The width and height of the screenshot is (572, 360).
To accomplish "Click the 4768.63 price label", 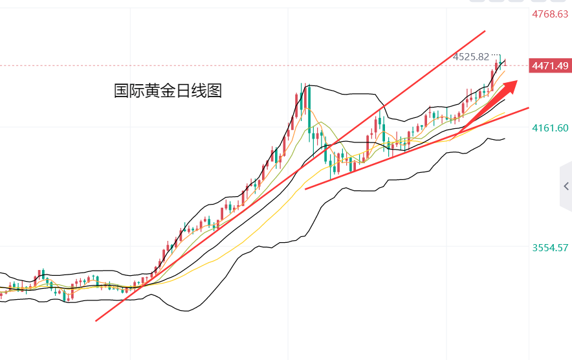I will pos(549,14).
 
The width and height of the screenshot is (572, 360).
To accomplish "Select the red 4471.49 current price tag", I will pos(549,65).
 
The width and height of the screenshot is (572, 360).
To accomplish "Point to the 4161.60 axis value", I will pos(550,128).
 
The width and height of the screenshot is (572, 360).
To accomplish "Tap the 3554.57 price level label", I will pos(550,247).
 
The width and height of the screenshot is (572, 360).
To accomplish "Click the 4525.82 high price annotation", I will pos(471,56).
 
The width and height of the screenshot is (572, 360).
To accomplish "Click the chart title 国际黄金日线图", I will pos(168,91).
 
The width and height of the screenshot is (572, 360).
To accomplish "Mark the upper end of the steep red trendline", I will pos(485,31).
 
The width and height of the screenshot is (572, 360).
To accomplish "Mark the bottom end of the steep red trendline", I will pos(96,321).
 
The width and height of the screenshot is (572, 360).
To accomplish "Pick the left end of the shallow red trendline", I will pos(305,188).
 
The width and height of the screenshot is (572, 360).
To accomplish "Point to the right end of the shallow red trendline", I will pos(529,108).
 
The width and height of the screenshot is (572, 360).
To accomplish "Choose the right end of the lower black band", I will pos(504,138).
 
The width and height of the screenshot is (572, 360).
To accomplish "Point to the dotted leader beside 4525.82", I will pos(496,55).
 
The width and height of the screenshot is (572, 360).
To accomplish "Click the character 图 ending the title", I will pos(215,91).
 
